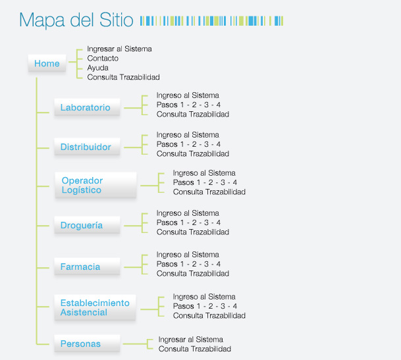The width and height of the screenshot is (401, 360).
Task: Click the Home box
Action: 47,63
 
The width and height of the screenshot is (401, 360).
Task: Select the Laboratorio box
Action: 87,107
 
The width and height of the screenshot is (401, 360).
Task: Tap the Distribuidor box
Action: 87,147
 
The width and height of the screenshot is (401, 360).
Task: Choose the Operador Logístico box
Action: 95,185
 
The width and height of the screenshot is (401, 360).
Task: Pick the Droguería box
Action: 87,225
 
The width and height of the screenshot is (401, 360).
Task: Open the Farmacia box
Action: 87,267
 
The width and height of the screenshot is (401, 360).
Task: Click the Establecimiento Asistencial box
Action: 95,307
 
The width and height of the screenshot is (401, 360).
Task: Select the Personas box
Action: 87,344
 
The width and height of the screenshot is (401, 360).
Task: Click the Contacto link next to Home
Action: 103,59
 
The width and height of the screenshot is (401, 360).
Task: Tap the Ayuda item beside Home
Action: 97,68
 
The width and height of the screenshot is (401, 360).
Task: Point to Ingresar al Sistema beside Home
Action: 119,49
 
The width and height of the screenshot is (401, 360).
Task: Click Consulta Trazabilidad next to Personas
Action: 195,349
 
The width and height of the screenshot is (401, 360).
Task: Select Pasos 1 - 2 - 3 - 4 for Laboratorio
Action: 188,105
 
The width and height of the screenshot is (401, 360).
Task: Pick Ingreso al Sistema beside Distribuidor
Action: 188,135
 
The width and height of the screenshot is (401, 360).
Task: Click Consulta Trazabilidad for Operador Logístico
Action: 209,192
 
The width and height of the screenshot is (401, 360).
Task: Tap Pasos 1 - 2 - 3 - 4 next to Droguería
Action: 188,222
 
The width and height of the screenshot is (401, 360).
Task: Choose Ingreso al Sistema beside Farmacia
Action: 188,255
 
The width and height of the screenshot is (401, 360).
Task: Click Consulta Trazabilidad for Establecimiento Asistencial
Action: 209,315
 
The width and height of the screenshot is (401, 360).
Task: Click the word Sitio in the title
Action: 117,20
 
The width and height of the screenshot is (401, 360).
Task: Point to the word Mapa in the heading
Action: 42,20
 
